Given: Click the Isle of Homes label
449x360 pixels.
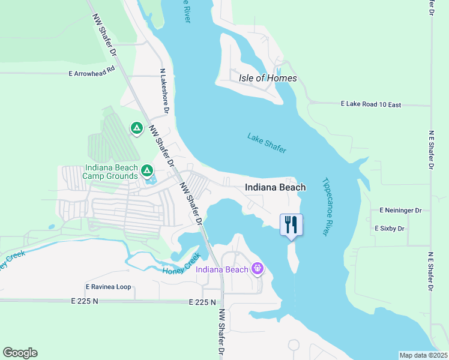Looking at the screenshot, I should pos(268,78).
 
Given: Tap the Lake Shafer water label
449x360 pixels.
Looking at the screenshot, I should pos(267,143).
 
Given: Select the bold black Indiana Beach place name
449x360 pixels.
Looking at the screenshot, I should pos(275,187).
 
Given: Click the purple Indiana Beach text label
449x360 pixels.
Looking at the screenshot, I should pos(222,269).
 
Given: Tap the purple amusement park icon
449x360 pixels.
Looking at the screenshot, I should pos(258,268).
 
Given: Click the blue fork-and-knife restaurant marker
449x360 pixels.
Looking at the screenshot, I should pos(291,225).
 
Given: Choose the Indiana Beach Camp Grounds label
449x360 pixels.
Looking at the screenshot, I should pos(112,172).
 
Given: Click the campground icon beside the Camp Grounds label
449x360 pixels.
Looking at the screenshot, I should pos(146,172).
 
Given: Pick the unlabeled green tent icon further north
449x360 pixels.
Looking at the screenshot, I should pos(137,128).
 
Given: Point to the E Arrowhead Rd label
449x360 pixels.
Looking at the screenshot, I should pos(91,73).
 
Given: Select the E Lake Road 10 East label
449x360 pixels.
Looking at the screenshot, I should pos(370,104).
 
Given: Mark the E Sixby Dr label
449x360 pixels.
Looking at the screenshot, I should pos(390,229).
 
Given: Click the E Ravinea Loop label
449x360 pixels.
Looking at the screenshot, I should pos(108,287).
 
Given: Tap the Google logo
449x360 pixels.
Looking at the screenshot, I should pos(20,353).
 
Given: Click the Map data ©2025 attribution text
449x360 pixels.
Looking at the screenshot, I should pos(423,355).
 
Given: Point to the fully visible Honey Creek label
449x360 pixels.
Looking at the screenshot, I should pos(181,264).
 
